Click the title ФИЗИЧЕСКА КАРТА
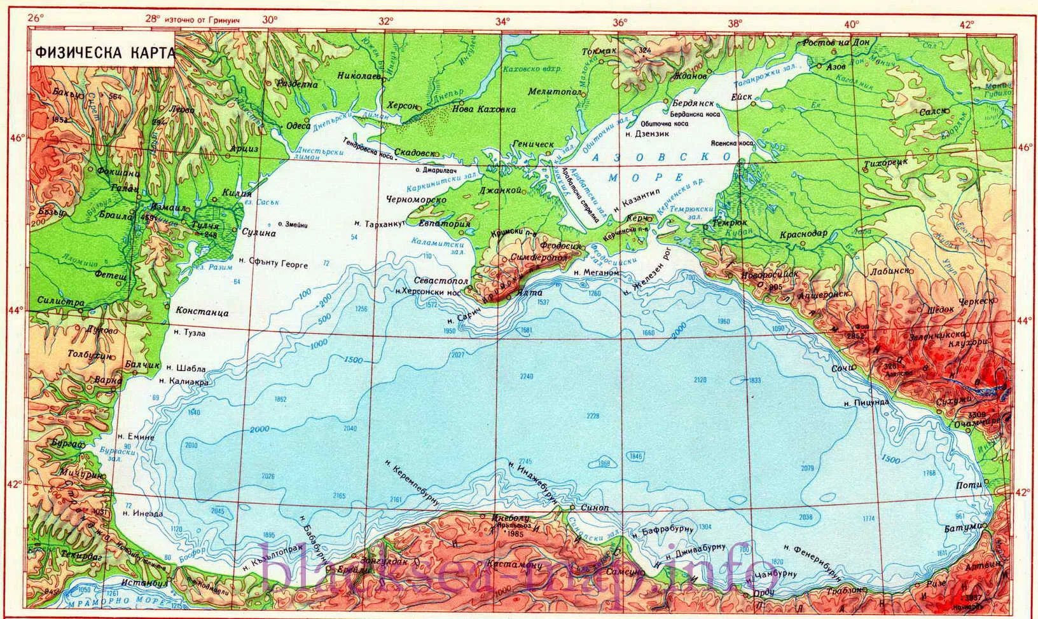104,53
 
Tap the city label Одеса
298,126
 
